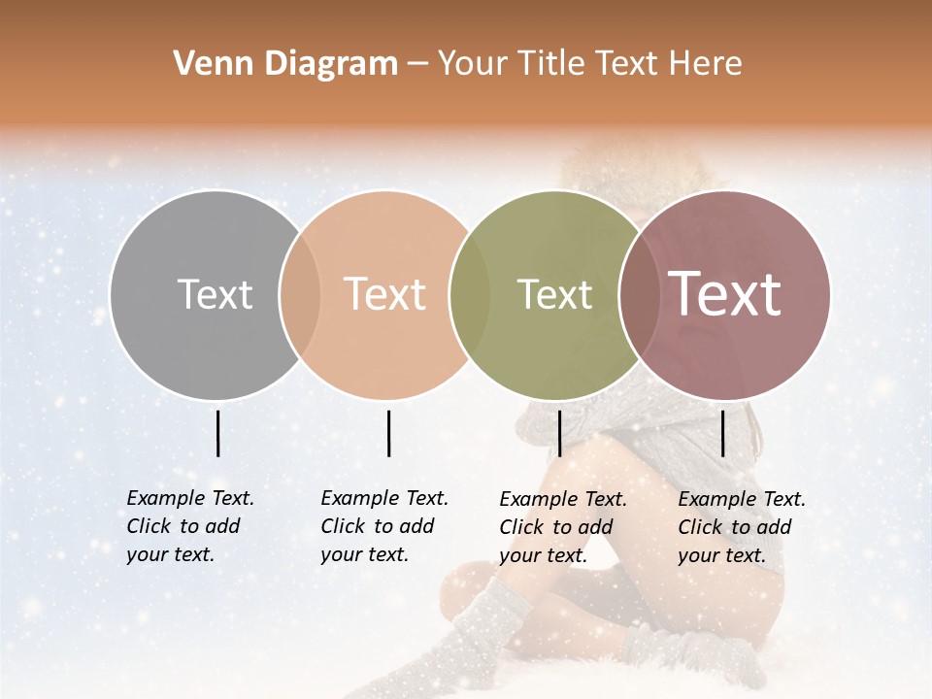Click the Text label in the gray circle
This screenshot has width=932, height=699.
click(x=215, y=294)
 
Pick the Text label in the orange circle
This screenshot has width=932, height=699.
click(x=384, y=294)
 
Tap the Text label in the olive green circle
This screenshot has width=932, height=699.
click(x=554, y=294)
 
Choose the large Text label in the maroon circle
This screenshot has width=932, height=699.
click(x=724, y=294)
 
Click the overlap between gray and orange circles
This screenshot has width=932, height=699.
click(x=300, y=294)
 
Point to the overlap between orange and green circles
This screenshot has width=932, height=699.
click(x=470, y=294)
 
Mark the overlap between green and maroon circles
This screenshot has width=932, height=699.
click(x=639, y=294)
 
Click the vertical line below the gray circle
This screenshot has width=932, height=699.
click(x=217, y=433)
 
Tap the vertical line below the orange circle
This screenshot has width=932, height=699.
click(x=388, y=433)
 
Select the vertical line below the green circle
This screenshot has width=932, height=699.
click(x=559, y=433)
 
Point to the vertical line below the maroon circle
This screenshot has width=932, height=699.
click(x=722, y=433)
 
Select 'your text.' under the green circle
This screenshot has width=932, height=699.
click(x=544, y=556)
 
